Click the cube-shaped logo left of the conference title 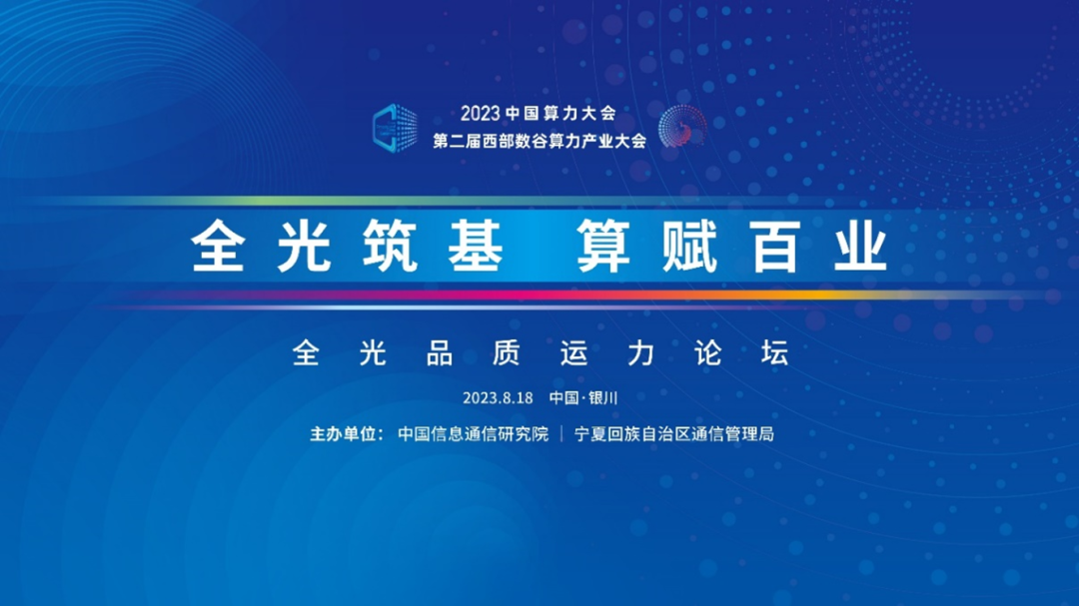coord(395,128)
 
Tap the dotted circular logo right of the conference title coord(682,127)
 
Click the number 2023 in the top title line coord(481,113)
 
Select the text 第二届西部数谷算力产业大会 coord(539,141)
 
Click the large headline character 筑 coord(391,246)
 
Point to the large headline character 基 coord(477,246)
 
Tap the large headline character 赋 coord(689,246)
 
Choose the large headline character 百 coord(775,246)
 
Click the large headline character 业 coord(861,246)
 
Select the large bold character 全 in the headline coord(218,246)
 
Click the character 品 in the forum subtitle coord(439,353)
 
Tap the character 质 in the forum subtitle coord(506,353)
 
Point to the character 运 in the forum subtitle coord(573,353)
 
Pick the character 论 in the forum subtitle coord(707,353)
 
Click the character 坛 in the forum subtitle coord(774,353)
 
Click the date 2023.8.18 coord(498,398)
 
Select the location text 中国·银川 coord(583,398)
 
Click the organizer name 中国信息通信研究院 coord(474,434)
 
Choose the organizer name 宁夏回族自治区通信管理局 coord(674,434)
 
